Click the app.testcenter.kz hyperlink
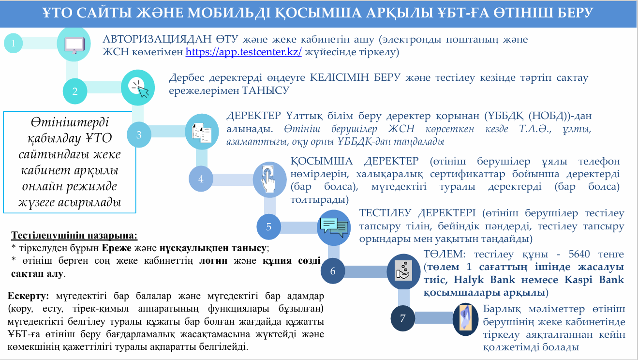click(243, 52)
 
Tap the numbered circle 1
click(13, 43)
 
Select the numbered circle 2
click(75, 91)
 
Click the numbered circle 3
click(139, 135)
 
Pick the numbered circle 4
click(201, 179)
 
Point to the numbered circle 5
click(268, 227)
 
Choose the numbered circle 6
click(333, 271)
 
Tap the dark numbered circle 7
click(403, 318)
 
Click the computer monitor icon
click(74, 45)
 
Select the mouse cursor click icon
click(139, 88)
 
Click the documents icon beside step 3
click(202, 132)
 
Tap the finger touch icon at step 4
click(268, 180)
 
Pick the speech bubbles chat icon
click(334, 227)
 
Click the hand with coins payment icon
click(403, 271)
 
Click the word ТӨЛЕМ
click(445, 254)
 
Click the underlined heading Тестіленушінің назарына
click(74, 236)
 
